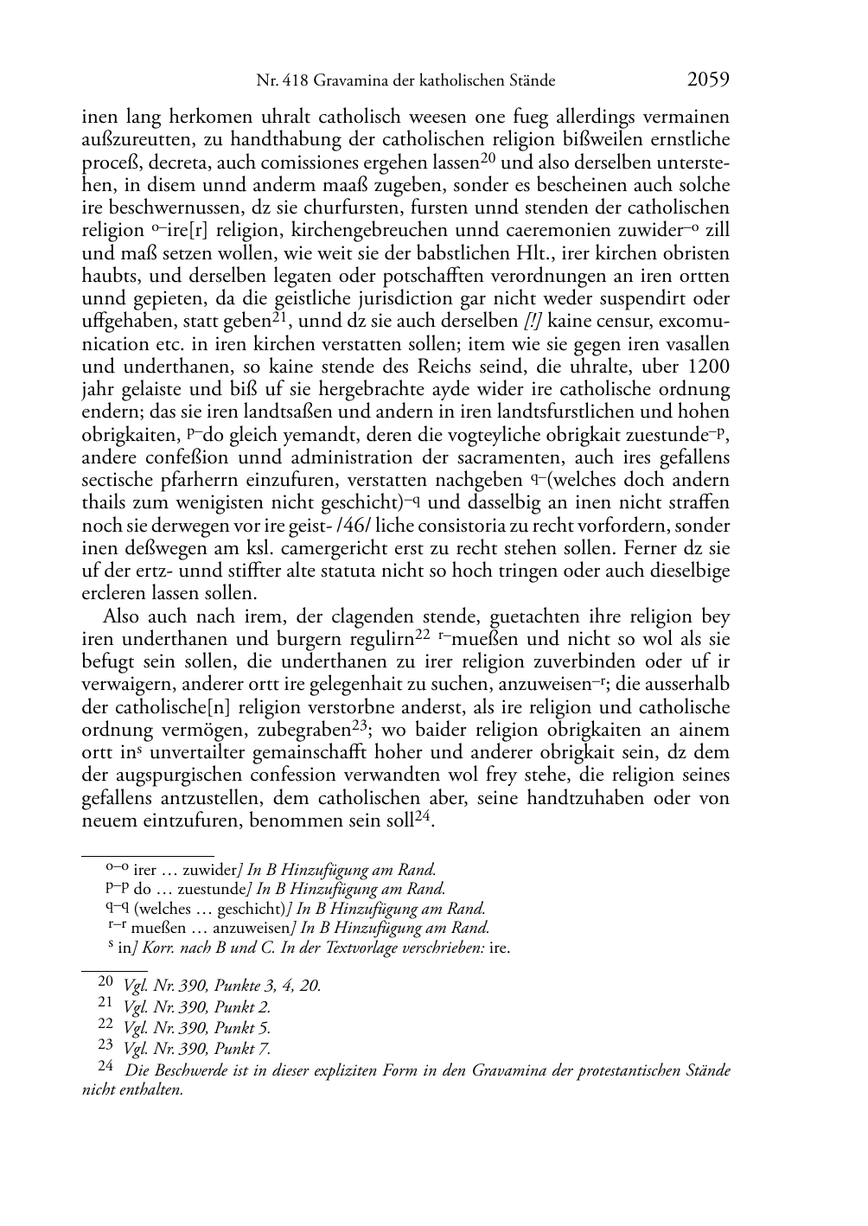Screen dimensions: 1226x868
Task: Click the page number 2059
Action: point(708,80)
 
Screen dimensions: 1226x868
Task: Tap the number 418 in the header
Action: point(294,81)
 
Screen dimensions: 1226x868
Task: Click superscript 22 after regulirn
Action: point(423,635)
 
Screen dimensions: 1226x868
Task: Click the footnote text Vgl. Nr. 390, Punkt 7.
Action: point(197,1050)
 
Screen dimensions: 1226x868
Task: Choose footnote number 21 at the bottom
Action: point(106,1004)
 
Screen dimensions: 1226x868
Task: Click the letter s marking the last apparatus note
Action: point(111,945)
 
